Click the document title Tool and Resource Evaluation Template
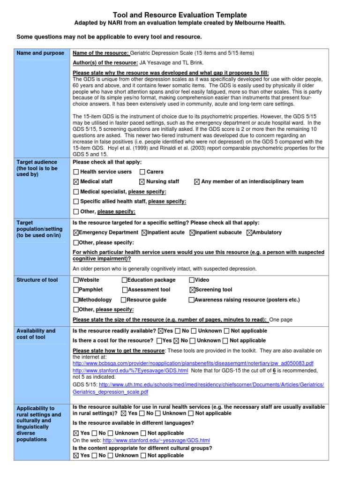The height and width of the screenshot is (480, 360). (180, 15)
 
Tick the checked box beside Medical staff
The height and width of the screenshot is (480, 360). (76, 182)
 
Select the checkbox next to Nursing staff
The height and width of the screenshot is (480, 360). (142, 182)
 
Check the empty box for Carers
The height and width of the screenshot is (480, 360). (142, 172)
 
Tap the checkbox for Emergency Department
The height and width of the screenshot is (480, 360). (76, 233)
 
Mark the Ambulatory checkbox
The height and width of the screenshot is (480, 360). (249, 233)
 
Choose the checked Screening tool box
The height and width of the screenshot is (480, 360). (192, 290)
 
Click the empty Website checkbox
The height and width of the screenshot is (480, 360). (76, 280)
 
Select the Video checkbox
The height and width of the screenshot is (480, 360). (192, 280)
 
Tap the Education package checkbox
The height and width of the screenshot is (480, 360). (124, 280)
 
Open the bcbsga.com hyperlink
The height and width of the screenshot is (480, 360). (193, 363)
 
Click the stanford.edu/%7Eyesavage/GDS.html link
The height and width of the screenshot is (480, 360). (130, 370)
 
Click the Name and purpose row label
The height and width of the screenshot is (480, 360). (41, 53)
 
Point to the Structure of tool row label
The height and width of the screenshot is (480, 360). (37, 280)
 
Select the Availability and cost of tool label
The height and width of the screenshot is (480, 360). (36, 334)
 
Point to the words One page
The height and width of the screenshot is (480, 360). (281, 320)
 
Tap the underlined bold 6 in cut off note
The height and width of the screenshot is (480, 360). (274, 370)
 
